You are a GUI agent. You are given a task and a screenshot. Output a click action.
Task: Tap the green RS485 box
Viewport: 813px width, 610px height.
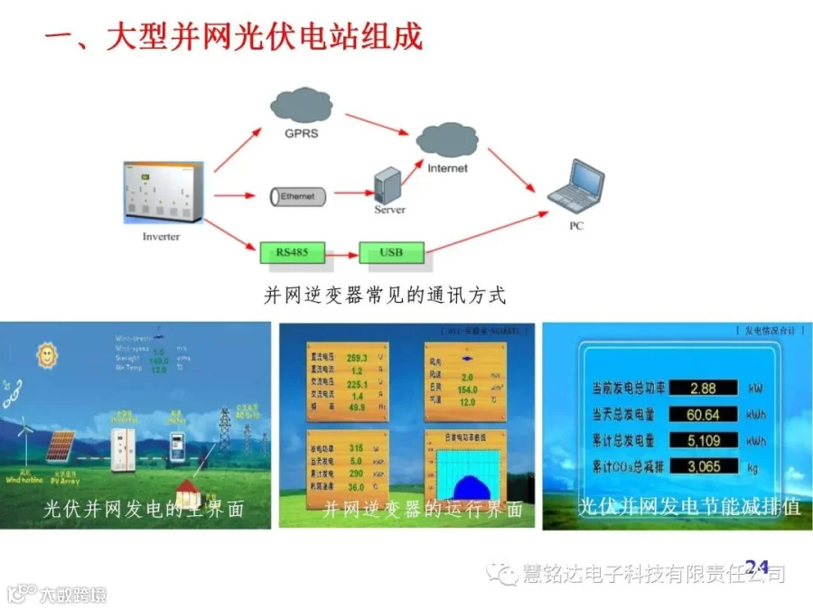pyautogui.click(x=292, y=252)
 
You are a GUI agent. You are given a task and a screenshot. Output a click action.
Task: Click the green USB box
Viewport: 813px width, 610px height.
pyautogui.click(x=391, y=252)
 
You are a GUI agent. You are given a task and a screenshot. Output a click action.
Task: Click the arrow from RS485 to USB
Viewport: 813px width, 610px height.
pyautogui.click(x=341, y=254)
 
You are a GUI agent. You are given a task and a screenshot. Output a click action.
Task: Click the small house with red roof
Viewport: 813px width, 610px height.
pyautogui.click(x=189, y=493)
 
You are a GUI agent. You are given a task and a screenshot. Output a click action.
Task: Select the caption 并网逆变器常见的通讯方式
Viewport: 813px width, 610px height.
pyautogui.click(x=384, y=296)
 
